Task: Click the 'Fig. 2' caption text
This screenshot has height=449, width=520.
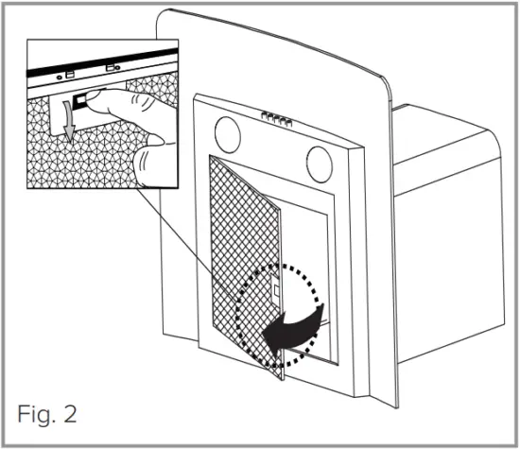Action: click(x=45, y=413)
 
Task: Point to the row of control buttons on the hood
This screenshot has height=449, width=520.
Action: click(x=273, y=117)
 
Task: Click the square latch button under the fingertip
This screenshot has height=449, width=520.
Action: click(x=82, y=97)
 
